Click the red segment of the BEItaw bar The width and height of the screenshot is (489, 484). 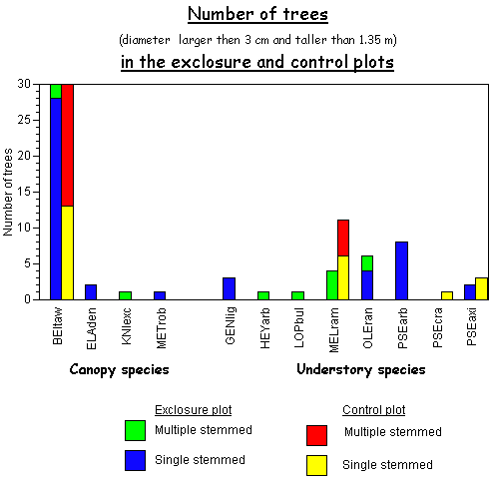click(x=68, y=145)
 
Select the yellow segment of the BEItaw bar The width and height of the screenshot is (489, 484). click(x=68, y=252)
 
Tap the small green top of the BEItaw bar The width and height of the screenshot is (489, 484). click(x=56, y=91)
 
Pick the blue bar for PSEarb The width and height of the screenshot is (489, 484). click(x=402, y=270)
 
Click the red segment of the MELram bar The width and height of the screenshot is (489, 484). click(x=343, y=238)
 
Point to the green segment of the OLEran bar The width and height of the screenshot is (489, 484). click(x=367, y=263)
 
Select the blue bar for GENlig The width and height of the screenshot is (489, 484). click(x=229, y=288)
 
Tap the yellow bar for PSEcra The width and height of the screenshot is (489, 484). click(x=447, y=295)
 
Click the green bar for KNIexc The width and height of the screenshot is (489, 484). click(x=125, y=295)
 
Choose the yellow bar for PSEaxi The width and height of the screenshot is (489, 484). click(x=481, y=288)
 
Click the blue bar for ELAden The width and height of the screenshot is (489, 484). click(x=91, y=292)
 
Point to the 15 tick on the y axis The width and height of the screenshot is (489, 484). click(x=36, y=192)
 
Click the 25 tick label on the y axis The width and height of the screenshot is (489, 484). click(x=24, y=120)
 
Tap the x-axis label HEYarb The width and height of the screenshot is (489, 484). click(x=264, y=328)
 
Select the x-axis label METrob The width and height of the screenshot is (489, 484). click(x=161, y=328)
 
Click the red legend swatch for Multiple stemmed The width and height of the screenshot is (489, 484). click(x=316, y=435)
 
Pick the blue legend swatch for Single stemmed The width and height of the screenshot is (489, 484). click(x=135, y=460)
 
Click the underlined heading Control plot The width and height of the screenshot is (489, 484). click(x=374, y=410)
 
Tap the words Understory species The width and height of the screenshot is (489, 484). click(x=361, y=369)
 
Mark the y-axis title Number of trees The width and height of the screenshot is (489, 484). click(x=8, y=193)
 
